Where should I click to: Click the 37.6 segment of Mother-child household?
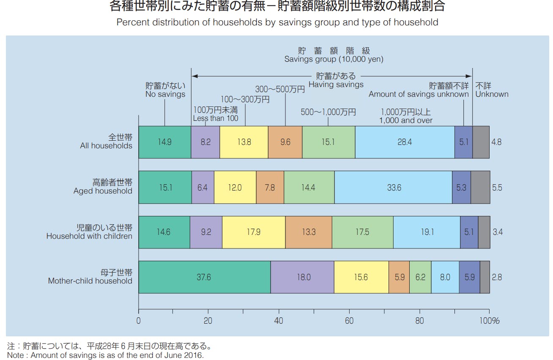point(204,277)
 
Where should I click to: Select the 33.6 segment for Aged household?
point(394,187)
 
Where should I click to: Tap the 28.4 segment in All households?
point(405,142)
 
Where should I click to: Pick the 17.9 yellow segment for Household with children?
point(253,232)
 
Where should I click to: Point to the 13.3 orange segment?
point(309,232)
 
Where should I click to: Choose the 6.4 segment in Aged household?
point(203,187)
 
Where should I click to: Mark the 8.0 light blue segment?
point(445,277)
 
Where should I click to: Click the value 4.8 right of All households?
point(496,142)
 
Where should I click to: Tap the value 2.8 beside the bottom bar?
point(497,277)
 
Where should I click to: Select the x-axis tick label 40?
point(279,321)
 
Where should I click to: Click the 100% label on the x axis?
point(490,321)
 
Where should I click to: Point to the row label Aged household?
point(103,191)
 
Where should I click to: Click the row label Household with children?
point(89,236)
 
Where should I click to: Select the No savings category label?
point(165,94)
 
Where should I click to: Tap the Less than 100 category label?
point(216,118)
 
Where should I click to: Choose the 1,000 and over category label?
point(406,120)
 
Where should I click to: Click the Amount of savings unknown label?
point(419,94)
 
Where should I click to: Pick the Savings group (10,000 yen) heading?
point(334,60)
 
